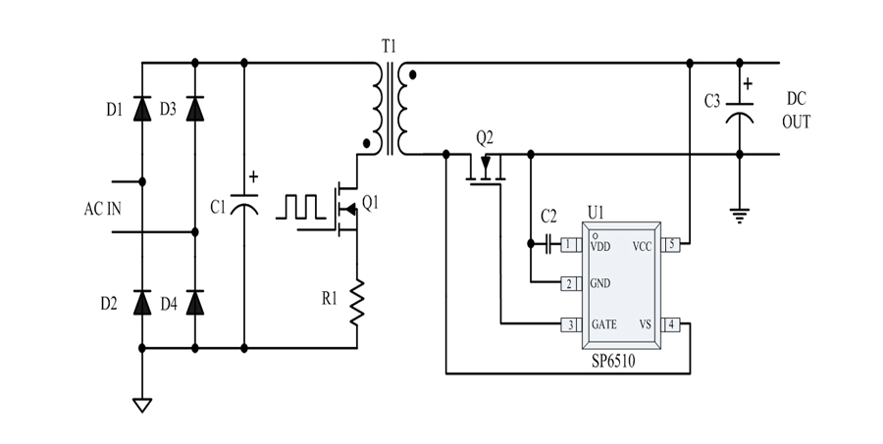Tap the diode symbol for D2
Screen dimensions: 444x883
point(143,303)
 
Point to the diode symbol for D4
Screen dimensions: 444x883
point(194,303)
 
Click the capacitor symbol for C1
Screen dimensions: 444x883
point(243,205)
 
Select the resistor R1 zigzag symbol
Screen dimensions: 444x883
point(356,301)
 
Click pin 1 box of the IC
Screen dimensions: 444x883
point(569,246)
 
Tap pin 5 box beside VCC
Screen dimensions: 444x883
point(671,246)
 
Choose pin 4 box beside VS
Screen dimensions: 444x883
point(671,324)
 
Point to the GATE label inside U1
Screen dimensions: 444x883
point(605,324)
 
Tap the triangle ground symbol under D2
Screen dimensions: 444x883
point(143,403)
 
